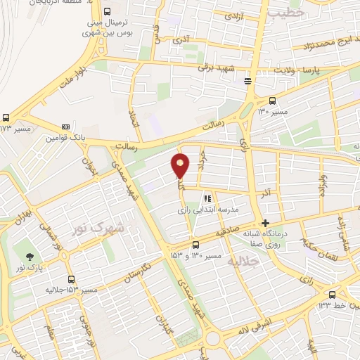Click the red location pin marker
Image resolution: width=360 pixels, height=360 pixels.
pos(181,166)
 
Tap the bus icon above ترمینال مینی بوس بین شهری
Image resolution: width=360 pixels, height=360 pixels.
pos(107,12)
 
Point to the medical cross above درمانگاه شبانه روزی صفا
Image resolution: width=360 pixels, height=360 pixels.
pos(265,223)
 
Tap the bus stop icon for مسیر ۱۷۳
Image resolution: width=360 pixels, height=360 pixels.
pos(6,118)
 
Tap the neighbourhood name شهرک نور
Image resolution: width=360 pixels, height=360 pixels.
pos(99,229)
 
